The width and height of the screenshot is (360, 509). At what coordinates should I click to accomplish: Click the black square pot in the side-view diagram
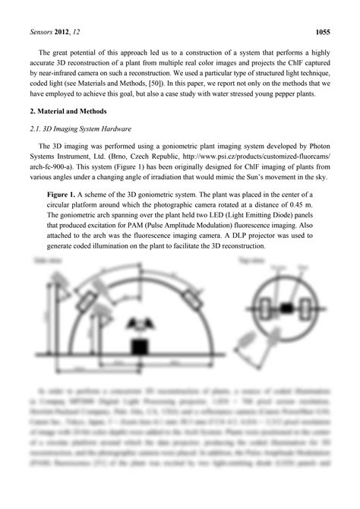click(139, 346)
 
